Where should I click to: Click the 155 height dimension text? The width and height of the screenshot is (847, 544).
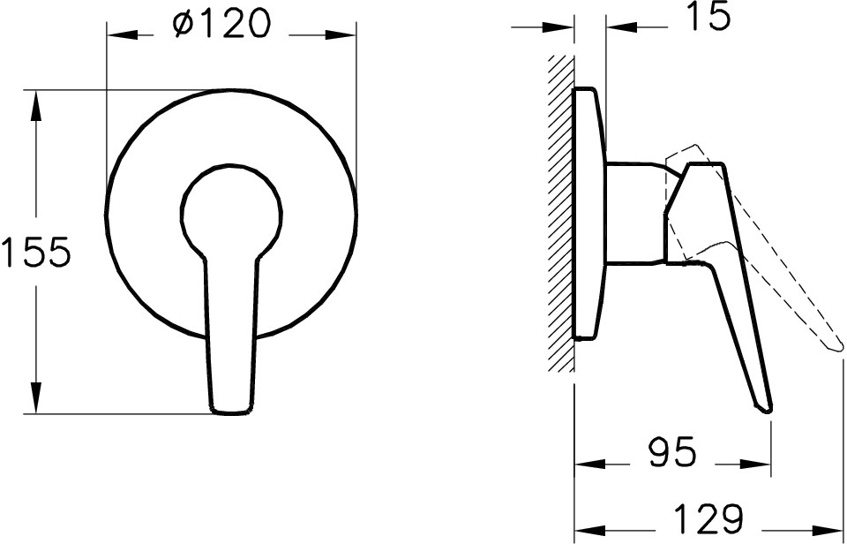(x=35, y=254)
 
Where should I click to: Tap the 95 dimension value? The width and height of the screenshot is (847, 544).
(x=672, y=453)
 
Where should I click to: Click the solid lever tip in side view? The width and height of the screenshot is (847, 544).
(x=764, y=406)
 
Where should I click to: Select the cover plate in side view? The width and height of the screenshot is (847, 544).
(x=589, y=212)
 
